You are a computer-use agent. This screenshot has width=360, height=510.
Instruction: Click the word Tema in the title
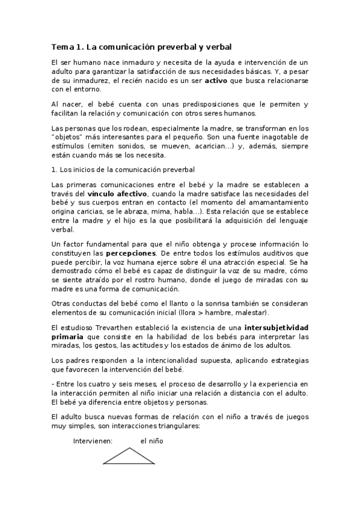click(61, 46)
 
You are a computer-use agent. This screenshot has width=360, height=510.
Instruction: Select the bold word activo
click(216, 79)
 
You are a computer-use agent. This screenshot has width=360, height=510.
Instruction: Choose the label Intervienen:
click(93, 441)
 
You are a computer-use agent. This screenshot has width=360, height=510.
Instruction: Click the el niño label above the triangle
click(151, 441)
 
